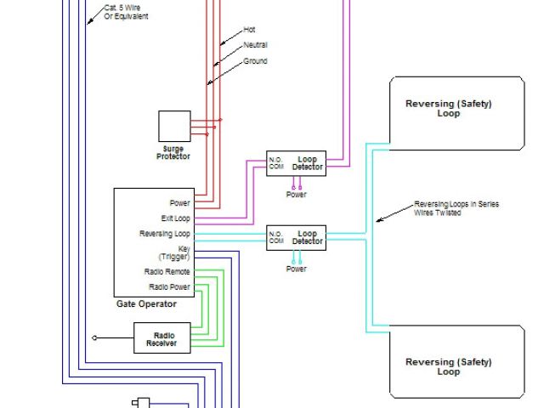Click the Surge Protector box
[x=174, y=127]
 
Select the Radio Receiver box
[x=161, y=338]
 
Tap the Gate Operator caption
[x=146, y=303]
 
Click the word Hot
[x=249, y=29]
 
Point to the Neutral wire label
[x=256, y=44]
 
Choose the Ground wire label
[x=255, y=61]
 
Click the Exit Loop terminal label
[x=174, y=218]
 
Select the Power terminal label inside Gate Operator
[x=179, y=203]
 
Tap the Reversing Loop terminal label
[x=165, y=233]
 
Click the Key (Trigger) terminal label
[x=174, y=252]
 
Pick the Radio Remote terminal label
[x=167, y=271]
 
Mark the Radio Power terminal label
[x=168, y=286]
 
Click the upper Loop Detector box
[x=296, y=163]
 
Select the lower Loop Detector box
[x=296, y=237]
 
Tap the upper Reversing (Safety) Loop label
[x=448, y=109]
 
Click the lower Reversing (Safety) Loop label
[x=448, y=367]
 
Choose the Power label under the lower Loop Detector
[x=296, y=269]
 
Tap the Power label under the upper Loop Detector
[x=296, y=194]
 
